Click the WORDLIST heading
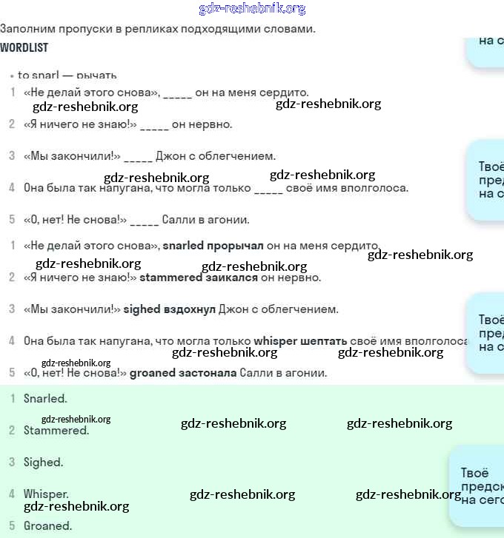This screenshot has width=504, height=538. click(24, 47)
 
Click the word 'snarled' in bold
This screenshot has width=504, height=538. click(183, 246)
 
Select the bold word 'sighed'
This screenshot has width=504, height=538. click(142, 309)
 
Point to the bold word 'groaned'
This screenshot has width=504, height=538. click(152, 373)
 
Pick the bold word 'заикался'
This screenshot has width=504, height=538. click(231, 278)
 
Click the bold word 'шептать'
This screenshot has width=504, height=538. click(324, 341)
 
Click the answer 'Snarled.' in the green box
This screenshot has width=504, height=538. click(45, 398)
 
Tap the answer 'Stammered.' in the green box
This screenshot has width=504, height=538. click(56, 430)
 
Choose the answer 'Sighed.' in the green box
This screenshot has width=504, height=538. click(43, 462)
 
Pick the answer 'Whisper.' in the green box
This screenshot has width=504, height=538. click(46, 494)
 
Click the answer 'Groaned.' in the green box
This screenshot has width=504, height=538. click(47, 525)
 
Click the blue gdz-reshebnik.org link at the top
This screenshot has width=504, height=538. click(252, 9)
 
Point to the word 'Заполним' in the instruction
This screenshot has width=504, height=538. click(24, 29)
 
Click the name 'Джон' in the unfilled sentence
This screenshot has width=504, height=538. click(170, 156)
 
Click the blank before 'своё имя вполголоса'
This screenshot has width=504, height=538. click(268, 189)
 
